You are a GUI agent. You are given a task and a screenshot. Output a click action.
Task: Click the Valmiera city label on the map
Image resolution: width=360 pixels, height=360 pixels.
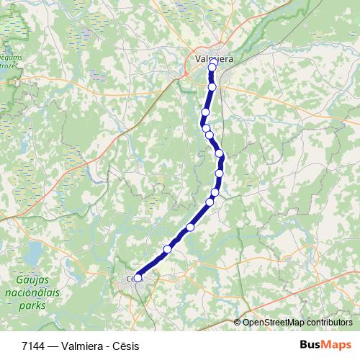[x=214, y=59]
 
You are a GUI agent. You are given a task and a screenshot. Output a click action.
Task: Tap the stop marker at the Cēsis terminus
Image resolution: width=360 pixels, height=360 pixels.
[x=138, y=277]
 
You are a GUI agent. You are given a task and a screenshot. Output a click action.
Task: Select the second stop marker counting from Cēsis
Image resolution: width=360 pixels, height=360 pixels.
[x=168, y=249]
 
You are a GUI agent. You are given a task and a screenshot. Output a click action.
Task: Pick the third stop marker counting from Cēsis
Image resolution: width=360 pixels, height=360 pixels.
[x=191, y=228]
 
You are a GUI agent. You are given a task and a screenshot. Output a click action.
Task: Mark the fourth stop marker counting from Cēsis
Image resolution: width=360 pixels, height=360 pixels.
[x=210, y=201]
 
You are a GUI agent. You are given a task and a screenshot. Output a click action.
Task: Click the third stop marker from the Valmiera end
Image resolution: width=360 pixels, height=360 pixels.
[x=205, y=112]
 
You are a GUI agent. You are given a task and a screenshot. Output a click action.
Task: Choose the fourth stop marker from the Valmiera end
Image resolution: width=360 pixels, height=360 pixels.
[x=206, y=127]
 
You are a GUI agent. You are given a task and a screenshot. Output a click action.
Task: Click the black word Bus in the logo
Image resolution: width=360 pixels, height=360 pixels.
[x=311, y=346]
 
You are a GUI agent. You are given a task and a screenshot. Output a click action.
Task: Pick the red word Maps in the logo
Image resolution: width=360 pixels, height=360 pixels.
[x=338, y=346]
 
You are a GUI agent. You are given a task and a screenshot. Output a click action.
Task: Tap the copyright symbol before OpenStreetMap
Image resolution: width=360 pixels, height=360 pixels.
[x=238, y=323]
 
